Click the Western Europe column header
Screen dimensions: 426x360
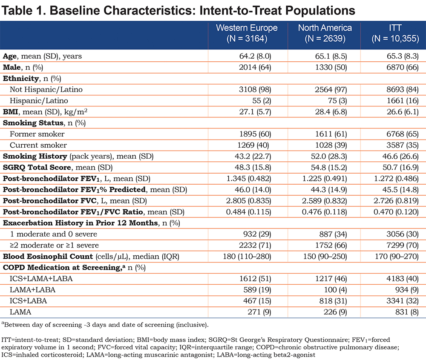[247, 33]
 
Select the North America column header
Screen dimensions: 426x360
[325, 33]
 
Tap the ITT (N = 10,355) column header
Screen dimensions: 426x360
[395, 33]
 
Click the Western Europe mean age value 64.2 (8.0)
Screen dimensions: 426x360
[255, 56]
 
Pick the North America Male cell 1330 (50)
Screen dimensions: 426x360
[331, 67]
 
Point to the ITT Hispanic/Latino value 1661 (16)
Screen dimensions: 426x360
[403, 101]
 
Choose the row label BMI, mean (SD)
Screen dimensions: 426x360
[45, 112]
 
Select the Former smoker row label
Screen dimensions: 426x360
[37, 134]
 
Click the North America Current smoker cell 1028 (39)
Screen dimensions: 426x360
[331, 145]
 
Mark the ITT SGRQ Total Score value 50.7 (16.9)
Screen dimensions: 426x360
[400, 167]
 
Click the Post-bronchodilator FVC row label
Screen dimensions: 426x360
[75, 201]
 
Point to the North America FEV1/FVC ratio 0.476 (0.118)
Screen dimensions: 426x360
[324, 212]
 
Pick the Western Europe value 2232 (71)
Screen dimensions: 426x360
[255, 245]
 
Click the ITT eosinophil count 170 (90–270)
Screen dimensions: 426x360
[397, 256]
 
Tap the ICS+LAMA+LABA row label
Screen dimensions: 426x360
[41, 279]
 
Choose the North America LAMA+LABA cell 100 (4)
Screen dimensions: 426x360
[335, 290]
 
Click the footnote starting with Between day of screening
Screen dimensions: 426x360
[105, 325]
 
